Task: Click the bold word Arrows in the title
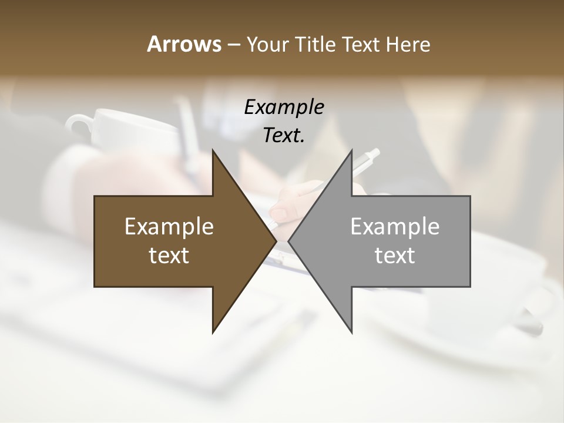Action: click(x=184, y=44)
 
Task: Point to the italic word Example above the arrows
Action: click(x=284, y=107)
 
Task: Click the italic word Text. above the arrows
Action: click(x=284, y=136)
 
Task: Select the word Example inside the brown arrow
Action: click(x=169, y=226)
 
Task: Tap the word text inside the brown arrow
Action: click(x=169, y=255)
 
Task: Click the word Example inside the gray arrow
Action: click(x=395, y=226)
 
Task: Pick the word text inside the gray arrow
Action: click(x=395, y=255)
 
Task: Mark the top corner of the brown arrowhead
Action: click(x=213, y=150)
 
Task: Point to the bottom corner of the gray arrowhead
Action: click(x=351, y=332)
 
